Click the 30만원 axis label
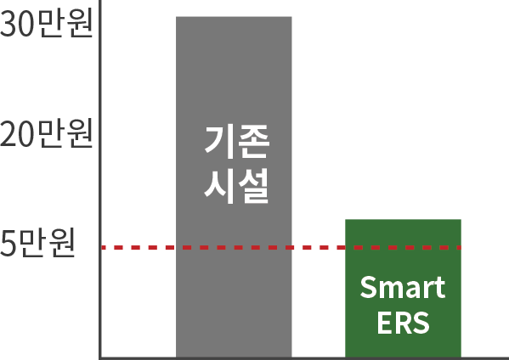(47, 24)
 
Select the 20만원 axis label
(47, 133)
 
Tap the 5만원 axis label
(37, 243)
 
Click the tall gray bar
(234, 187)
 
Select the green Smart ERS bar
(403, 289)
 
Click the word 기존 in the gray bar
(237, 142)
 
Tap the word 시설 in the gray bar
(236, 186)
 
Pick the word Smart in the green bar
(403, 287)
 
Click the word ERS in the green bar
(403, 323)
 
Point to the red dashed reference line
(281, 248)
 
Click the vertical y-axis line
(100, 179)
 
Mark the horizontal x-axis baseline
(304, 358)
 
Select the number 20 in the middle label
(18, 134)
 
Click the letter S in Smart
(369, 287)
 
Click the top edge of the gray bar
(234, 17)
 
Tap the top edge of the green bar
(403, 220)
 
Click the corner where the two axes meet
(100, 358)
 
